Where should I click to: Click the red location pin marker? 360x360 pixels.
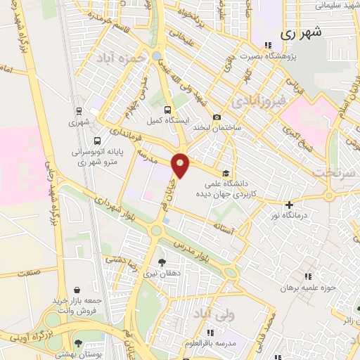[x=181, y=165]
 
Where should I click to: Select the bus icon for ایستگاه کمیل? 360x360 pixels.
[x=167, y=110]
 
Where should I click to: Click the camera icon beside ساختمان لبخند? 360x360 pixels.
[x=217, y=117]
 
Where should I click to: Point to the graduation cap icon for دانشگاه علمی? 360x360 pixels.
[x=225, y=173]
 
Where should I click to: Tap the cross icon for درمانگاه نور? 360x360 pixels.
[x=288, y=205]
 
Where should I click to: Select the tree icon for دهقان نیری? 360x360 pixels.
[x=162, y=262]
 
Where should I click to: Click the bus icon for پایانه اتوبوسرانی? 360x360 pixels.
[x=96, y=139]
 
